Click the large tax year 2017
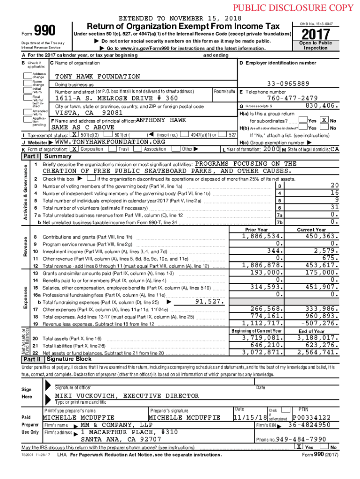click(x=316, y=36)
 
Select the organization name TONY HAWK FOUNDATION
click(x=97, y=76)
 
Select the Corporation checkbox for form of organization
click(x=74, y=149)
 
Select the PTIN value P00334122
click(x=311, y=417)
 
